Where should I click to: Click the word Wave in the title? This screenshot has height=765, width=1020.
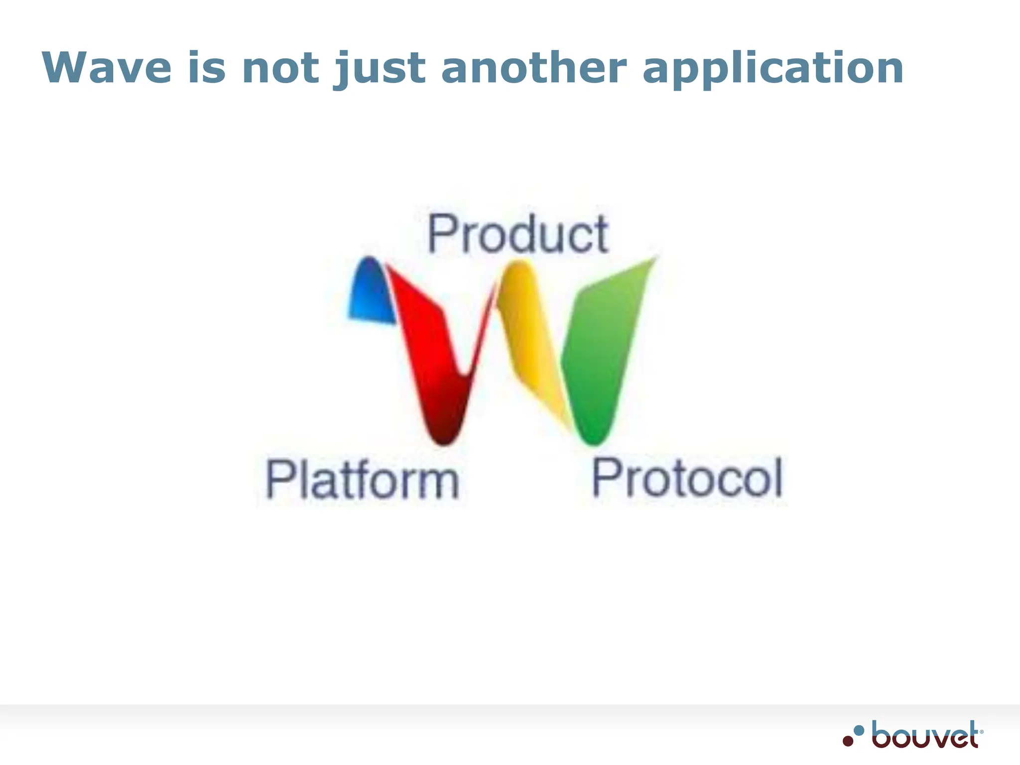point(107,68)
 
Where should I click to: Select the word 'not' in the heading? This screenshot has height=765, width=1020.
point(280,68)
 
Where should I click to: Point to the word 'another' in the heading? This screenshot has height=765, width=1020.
point(533,68)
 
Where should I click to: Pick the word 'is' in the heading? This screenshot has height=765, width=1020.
point(206,68)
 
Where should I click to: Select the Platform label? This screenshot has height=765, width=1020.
point(362,479)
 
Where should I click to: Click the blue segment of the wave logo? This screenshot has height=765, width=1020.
point(371,291)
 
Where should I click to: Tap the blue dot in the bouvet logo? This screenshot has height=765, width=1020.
point(859,730)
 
